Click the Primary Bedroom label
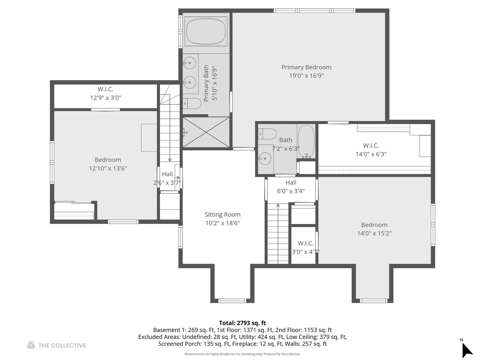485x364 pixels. point(306,67)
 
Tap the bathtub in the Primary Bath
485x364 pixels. point(206,31)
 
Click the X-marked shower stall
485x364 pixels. point(206,132)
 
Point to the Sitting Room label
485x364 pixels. point(223,214)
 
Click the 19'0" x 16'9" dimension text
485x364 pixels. point(306,75)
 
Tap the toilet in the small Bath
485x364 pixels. point(267,134)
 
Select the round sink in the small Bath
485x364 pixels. point(265,159)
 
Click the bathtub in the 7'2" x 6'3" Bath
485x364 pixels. point(306,142)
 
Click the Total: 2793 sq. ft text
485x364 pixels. point(243,323)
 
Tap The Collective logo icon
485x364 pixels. point(31,345)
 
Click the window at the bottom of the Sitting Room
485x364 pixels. point(232,301)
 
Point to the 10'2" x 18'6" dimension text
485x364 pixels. point(223,223)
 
